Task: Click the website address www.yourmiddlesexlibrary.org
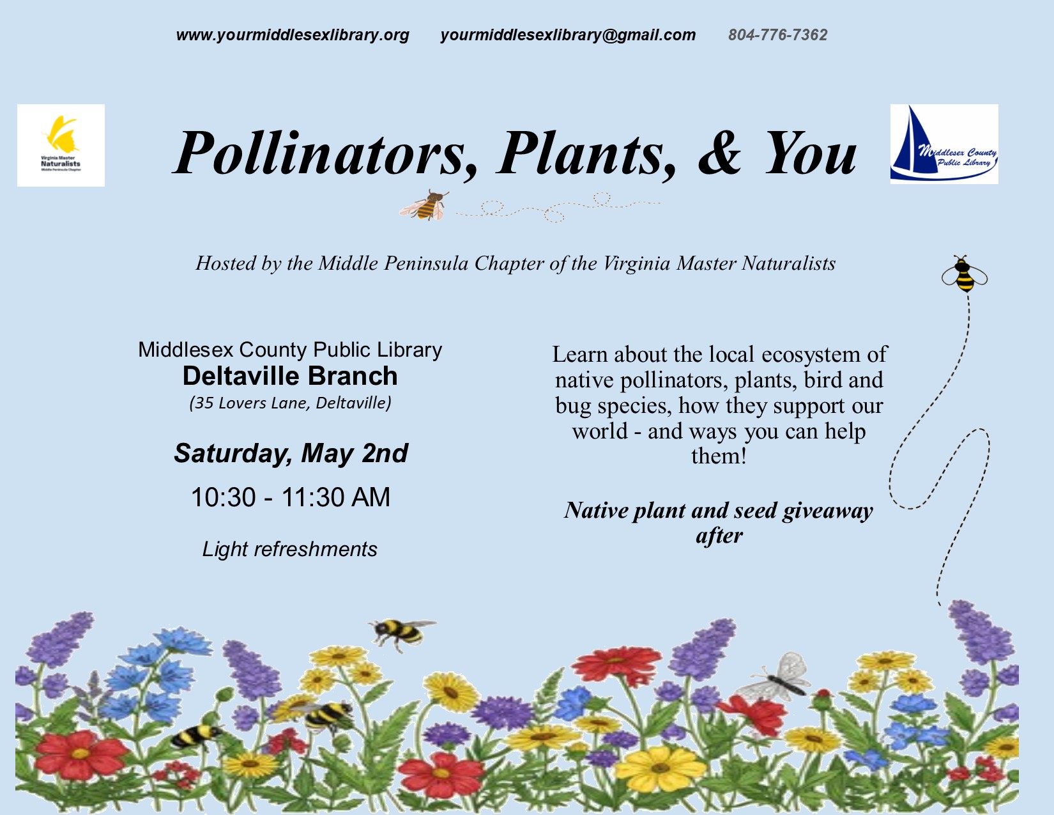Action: click(293, 35)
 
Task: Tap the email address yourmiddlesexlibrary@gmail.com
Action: click(568, 35)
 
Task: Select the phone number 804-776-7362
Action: click(777, 35)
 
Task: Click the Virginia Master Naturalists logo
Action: click(61, 145)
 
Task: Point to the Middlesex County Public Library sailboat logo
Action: click(944, 144)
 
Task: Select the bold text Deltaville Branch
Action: click(290, 376)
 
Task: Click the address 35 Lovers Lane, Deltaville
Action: click(290, 403)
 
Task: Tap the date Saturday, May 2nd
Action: click(291, 454)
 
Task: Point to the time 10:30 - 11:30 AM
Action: click(291, 497)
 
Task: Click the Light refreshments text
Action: click(289, 549)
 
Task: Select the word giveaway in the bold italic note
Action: click(827, 511)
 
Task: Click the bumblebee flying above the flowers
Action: click(402, 633)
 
